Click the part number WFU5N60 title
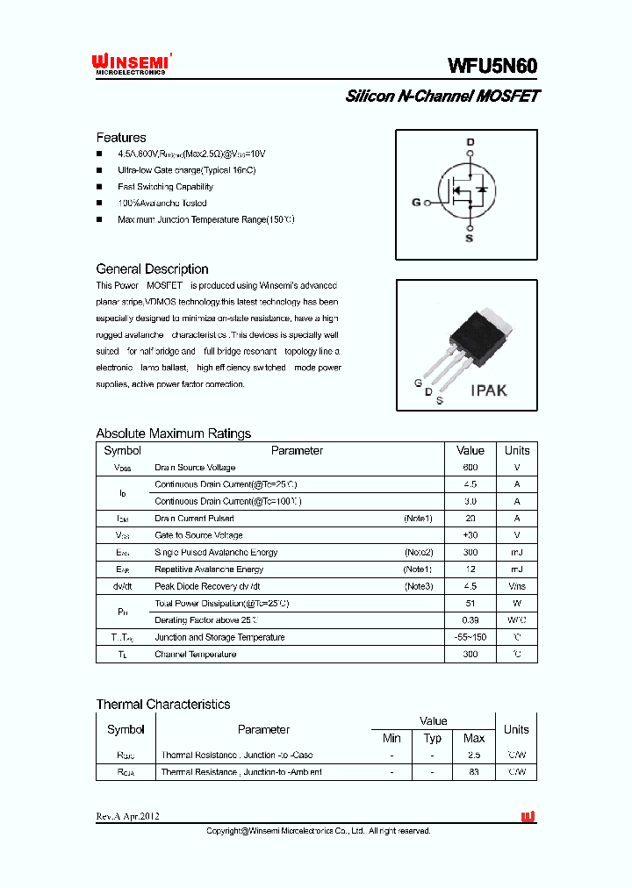pos(492,66)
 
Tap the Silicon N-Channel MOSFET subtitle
pos(442,97)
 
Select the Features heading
pos(121,138)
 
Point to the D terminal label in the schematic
pos(470,143)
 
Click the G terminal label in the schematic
pos(416,203)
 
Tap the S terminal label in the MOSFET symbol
pos(469,238)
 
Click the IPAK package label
pos(488,390)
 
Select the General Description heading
pos(152,269)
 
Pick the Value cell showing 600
pos(470,468)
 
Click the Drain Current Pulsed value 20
pos(470,519)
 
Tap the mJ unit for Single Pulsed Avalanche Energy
pos(517,553)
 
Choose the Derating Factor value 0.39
pos(470,620)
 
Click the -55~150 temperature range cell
pos(470,638)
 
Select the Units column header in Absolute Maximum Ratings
pos(517,451)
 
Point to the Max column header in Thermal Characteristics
pos(474,739)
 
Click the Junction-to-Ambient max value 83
pos(474,772)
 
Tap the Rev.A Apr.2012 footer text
pos(128,817)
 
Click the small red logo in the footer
pos(528,817)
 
